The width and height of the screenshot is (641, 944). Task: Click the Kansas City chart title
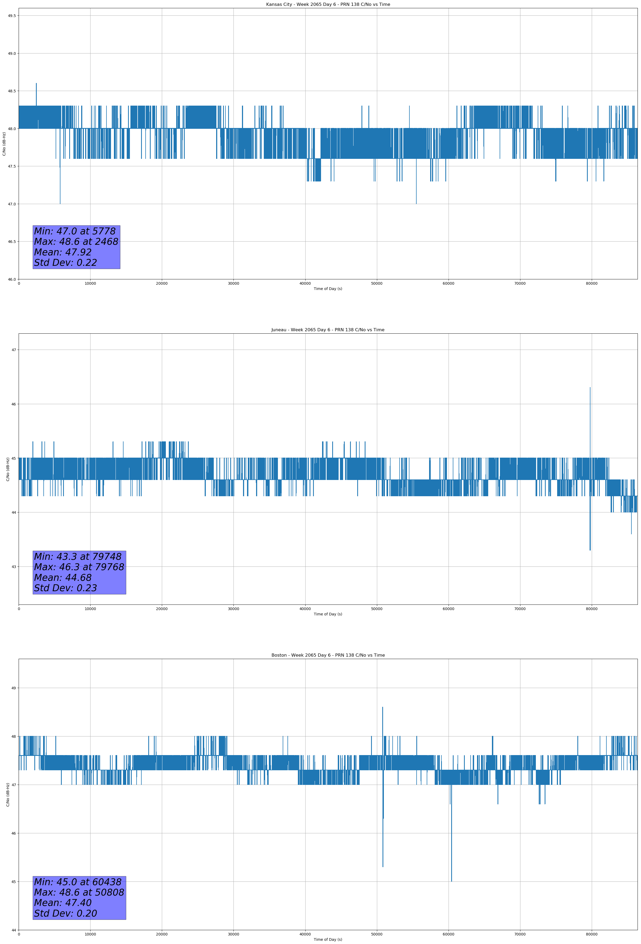click(328, 5)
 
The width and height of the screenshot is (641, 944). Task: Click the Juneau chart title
click(328, 330)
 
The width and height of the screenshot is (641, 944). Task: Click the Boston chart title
click(328, 655)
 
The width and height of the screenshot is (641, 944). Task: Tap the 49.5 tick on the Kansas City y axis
click(12, 16)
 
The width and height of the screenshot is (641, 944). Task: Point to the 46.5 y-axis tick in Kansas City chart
click(12, 242)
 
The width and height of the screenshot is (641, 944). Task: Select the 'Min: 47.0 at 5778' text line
click(75, 231)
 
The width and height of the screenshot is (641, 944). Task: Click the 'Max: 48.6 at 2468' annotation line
click(76, 242)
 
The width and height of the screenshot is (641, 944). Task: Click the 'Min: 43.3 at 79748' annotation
click(78, 557)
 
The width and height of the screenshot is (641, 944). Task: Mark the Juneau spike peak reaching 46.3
click(590, 388)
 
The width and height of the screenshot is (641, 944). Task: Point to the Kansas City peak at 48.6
click(36, 84)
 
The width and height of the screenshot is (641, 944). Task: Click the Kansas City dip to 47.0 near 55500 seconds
click(416, 203)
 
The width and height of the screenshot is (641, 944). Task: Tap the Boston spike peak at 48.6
click(383, 707)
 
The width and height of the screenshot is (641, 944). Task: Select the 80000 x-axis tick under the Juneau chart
click(591, 608)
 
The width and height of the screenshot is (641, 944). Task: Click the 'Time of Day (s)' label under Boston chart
click(328, 939)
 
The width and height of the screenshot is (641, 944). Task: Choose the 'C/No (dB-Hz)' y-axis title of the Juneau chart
click(8, 469)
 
